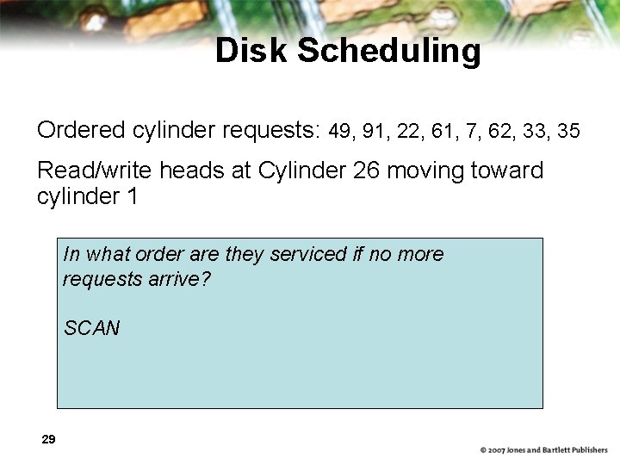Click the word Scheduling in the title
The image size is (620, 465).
(388, 52)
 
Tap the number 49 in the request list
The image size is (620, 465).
(340, 131)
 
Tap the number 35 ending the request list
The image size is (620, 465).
(568, 131)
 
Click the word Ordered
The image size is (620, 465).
(82, 130)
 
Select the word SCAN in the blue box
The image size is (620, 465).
(91, 328)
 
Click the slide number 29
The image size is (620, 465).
(48, 440)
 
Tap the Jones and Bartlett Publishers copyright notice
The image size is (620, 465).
(543, 450)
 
